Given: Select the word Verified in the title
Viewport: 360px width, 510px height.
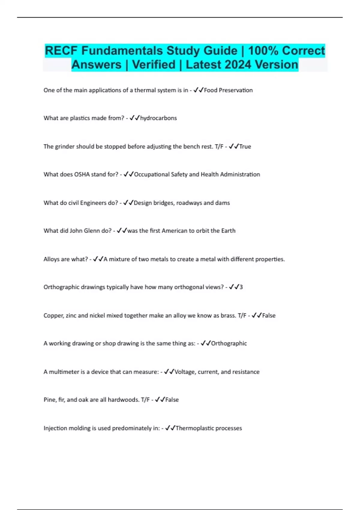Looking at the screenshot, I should click(154, 65).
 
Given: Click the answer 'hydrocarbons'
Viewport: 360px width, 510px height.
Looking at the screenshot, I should click(158, 118).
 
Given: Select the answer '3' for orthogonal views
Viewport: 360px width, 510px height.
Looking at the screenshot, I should click(241, 287).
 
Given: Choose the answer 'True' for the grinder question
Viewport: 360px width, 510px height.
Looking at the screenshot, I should click(245, 146).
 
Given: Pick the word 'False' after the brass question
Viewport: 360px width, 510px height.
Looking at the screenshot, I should click(269, 315).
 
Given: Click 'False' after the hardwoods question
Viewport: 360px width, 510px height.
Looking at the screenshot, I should click(172, 400).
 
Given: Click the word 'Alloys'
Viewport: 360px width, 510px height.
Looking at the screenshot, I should click(51, 259).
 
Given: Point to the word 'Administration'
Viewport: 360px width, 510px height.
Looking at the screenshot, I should click(240, 174).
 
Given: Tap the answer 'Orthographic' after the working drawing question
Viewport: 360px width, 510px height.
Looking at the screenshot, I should click(229, 343).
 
